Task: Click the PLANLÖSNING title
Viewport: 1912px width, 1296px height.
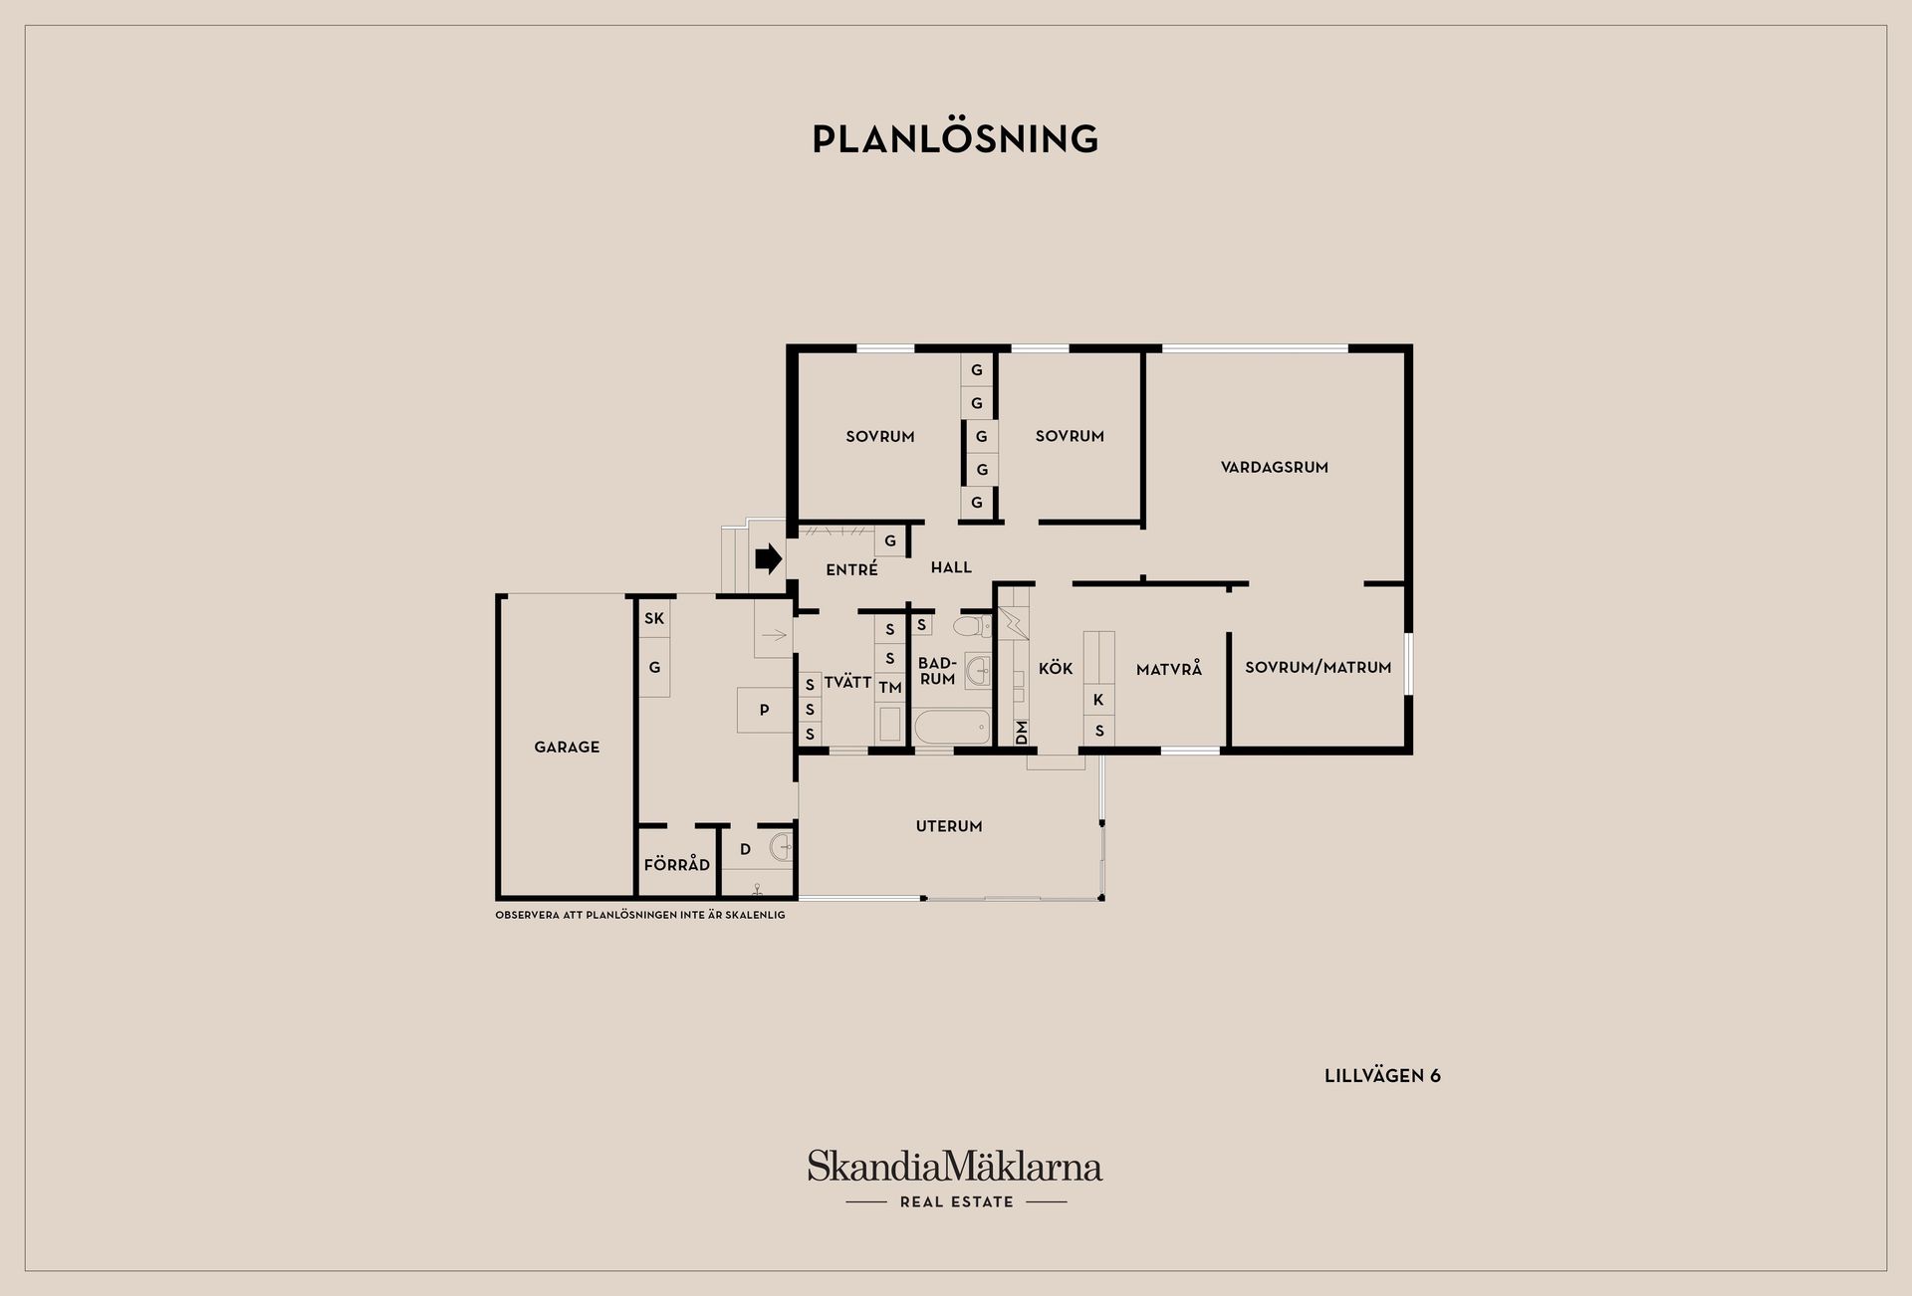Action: pyautogui.click(x=955, y=138)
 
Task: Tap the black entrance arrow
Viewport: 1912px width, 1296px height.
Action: pyautogui.click(x=769, y=559)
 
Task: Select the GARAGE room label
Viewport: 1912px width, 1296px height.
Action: pyautogui.click(x=567, y=747)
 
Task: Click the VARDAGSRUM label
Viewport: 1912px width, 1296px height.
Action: pyautogui.click(x=1275, y=467)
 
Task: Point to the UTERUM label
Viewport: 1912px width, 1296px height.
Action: pyautogui.click(x=949, y=826)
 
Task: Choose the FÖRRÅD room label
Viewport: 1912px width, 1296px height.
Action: pyautogui.click(x=677, y=864)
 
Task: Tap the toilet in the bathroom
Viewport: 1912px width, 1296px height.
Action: pyautogui.click(x=972, y=626)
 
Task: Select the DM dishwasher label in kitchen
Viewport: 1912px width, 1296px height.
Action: pyautogui.click(x=1021, y=733)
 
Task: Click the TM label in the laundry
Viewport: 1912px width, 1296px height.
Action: pyautogui.click(x=890, y=688)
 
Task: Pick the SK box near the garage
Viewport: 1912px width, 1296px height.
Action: pyautogui.click(x=654, y=618)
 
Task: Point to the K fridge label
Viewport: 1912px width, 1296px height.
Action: pyautogui.click(x=1099, y=700)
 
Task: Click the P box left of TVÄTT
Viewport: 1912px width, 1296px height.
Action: pyautogui.click(x=765, y=710)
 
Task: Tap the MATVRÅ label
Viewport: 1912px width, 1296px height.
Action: pyautogui.click(x=1169, y=669)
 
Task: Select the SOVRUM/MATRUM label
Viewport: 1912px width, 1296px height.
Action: pyautogui.click(x=1318, y=667)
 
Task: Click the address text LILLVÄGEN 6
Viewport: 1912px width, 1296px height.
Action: pyautogui.click(x=1382, y=1076)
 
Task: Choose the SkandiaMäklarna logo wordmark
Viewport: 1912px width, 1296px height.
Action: pyautogui.click(x=955, y=1166)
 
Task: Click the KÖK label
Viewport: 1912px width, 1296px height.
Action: pyautogui.click(x=1056, y=668)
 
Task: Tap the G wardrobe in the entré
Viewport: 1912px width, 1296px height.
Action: pyautogui.click(x=890, y=541)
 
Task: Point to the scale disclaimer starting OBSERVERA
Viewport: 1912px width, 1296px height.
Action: pyautogui.click(x=640, y=915)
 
